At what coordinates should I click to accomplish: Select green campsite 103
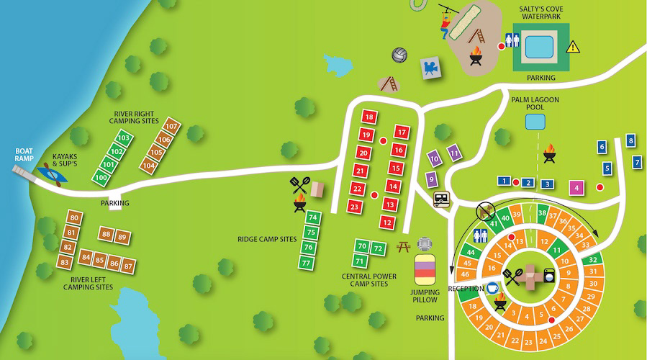point(123,138)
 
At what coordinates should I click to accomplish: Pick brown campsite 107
point(171,127)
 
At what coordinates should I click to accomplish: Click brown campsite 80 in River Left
point(74,217)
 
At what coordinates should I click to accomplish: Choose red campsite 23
point(353,207)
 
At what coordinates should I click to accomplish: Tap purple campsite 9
point(430,179)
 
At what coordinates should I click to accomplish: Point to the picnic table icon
point(403,247)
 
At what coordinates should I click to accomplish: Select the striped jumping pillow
point(425,275)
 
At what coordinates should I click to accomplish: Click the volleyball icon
point(400,55)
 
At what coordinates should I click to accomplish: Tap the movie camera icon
point(430,68)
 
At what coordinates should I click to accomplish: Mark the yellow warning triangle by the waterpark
point(572,47)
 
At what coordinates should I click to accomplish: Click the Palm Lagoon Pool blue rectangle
point(535,121)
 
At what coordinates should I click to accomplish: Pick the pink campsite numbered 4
point(576,188)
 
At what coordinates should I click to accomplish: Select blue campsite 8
point(630,140)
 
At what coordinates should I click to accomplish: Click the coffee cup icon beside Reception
point(493,287)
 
